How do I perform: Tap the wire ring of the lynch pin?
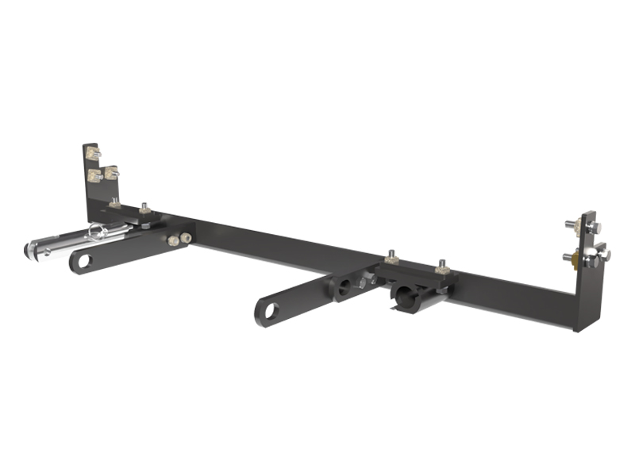(98, 231)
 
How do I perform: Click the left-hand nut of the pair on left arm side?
(171, 240)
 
